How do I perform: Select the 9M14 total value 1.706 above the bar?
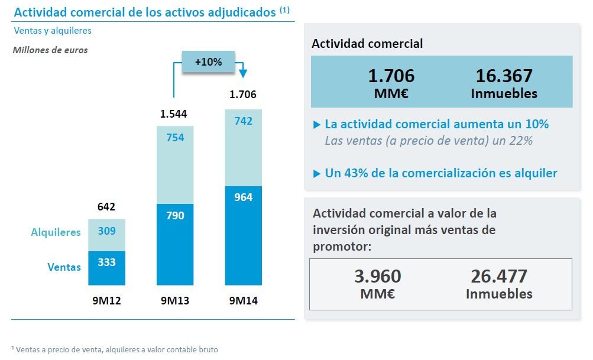tap(243, 94)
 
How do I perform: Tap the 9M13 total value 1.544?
tap(174, 113)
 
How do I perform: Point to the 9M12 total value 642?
tap(106, 207)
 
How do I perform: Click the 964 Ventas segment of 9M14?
tap(243, 236)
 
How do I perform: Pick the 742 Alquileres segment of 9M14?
tap(243, 147)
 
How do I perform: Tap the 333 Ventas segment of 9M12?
tap(106, 268)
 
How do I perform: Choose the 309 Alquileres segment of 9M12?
tap(106, 235)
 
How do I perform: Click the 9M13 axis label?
tap(175, 300)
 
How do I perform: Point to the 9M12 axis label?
tap(106, 300)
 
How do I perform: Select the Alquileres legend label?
tap(56, 232)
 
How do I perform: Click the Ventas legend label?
tap(64, 267)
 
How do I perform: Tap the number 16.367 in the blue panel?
tap(504, 76)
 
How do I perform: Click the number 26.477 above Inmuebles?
tap(498, 276)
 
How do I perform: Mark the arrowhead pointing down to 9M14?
tap(243, 73)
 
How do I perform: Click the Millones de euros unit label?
tap(50, 50)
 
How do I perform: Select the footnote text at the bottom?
tap(115, 349)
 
